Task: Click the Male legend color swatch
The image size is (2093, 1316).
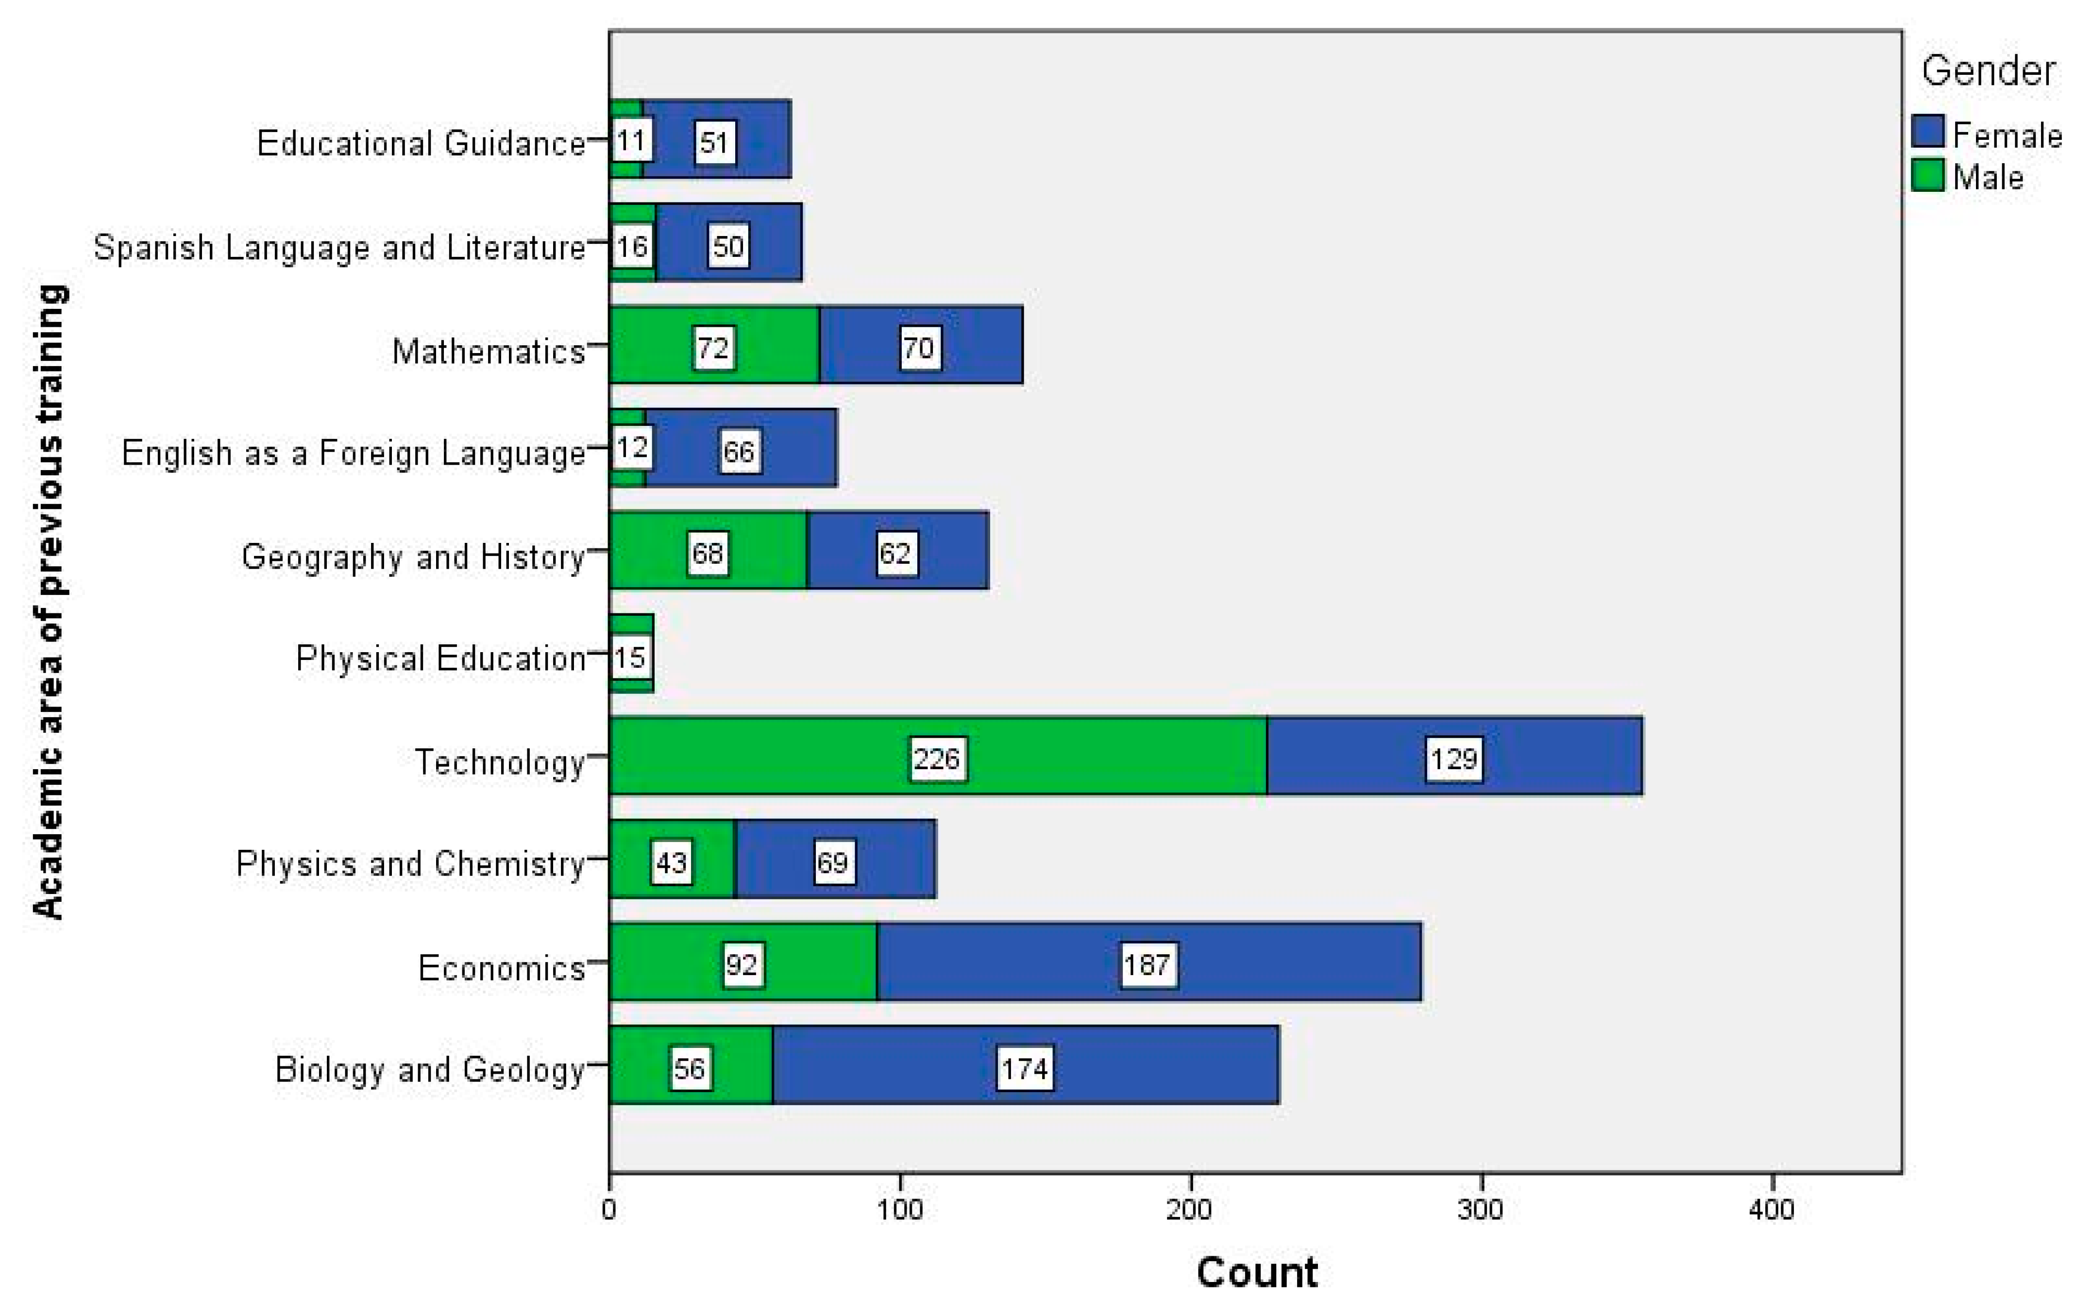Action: (1927, 176)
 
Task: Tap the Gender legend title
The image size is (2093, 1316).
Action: (1987, 70)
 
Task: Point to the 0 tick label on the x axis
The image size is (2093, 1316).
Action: (609, 1209)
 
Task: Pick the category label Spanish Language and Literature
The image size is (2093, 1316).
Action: (339, 247)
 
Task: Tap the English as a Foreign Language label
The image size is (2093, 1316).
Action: (353, 453)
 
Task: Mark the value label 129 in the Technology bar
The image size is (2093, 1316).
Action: (1453, 759)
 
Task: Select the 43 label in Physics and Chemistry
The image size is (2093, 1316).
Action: (671, 862)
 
